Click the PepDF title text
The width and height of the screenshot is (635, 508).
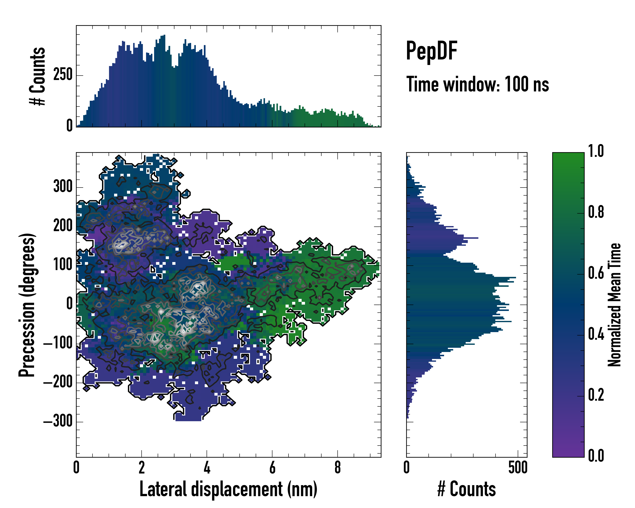[431, 51]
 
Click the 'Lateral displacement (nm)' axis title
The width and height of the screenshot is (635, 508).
[228, 489]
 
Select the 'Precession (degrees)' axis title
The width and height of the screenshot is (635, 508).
[27, 305]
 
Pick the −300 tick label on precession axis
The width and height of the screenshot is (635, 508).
[58, 421]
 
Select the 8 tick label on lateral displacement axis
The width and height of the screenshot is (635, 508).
[338, 468]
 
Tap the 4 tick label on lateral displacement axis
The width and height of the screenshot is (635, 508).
[207, 468]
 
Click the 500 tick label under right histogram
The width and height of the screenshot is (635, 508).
[518, 468]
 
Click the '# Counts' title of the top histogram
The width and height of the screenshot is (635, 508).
[38, 76]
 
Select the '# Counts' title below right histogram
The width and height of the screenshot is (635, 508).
[467, 489]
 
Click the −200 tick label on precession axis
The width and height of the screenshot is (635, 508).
[58, 382]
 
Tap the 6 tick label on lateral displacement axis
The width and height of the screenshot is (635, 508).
[272, 468]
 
